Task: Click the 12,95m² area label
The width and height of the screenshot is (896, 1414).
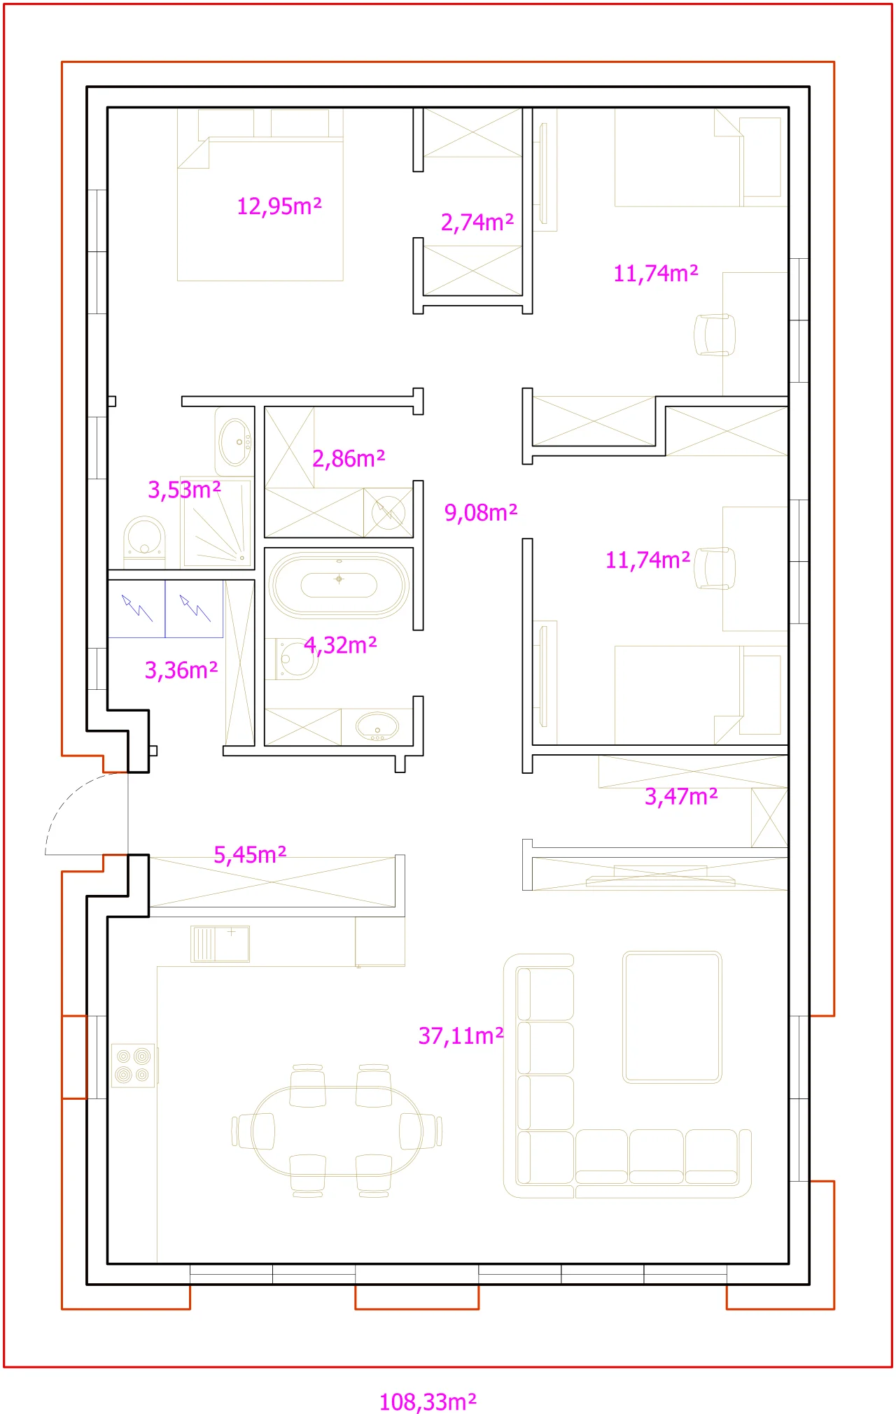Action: coord(279,206)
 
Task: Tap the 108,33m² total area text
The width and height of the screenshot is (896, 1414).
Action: coord(428,1401)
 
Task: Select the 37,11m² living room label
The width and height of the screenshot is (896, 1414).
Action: coord(461,1035)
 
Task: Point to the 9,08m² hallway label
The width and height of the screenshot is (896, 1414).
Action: coord(481,512)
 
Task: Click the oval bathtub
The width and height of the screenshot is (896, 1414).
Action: coord(339,585)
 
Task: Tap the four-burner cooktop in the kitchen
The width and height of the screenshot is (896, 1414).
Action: coord(133,1065)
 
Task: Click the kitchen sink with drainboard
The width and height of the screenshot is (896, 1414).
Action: coord(220,944)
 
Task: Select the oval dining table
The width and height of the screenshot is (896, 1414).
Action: coord(337,1131)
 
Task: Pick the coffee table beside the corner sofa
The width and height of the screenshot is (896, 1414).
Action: coord(672,1017)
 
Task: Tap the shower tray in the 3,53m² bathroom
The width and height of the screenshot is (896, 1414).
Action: coord(216,522)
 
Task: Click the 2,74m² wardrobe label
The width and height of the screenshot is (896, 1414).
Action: coord(477,222)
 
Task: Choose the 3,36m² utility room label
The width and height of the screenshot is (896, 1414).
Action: coord(181,670)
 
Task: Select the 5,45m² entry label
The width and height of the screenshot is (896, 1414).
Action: coord(250,854)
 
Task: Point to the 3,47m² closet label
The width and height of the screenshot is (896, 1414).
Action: coord(681,796)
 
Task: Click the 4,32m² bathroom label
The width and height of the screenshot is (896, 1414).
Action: coord(340,645)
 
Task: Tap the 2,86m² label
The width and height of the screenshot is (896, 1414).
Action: coord(349,458)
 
